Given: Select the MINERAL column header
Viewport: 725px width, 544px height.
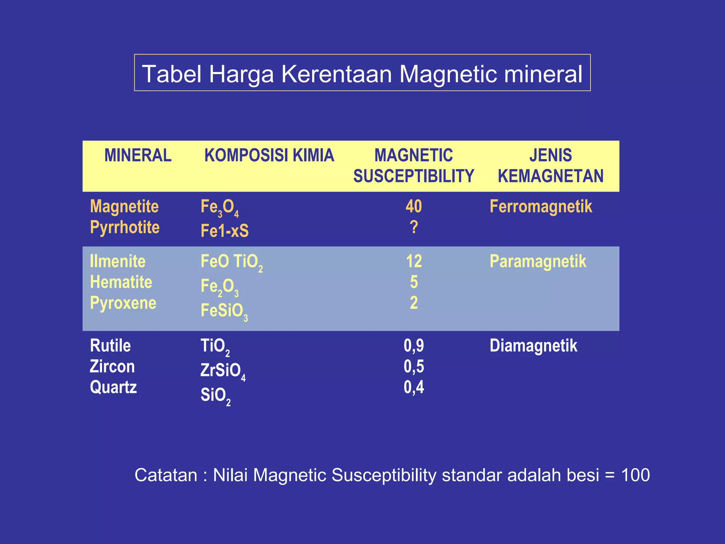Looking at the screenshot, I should click(138, 155).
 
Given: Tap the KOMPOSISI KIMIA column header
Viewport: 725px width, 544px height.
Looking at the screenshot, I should click(269, 155).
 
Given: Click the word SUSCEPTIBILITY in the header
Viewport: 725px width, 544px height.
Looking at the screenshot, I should click(413, 176).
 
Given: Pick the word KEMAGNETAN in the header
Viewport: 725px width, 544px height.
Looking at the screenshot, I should click(550, 176).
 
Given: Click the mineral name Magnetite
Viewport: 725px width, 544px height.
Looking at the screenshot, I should click(124, 206).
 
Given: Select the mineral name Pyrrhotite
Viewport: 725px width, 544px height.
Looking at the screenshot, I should click(125, 227).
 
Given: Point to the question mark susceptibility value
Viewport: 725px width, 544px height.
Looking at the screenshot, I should click(414, 227).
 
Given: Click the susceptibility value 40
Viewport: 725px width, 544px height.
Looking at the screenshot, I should click(413, 206).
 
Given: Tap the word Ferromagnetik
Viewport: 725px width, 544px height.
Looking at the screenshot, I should click(541, 206).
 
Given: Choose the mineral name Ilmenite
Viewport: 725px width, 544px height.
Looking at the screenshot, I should click(118, 261).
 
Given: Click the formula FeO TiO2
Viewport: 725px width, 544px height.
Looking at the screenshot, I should click(231, 262).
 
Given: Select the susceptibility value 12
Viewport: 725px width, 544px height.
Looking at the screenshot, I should click(413, 261).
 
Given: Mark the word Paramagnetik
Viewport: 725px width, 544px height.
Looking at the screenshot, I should click(538, 261).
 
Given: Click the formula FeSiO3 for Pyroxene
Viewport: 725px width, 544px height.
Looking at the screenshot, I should click(224, 311).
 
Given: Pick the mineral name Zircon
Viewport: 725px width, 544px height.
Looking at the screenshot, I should click(112, 366).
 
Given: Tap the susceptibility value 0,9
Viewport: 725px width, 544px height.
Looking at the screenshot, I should click(413, 346).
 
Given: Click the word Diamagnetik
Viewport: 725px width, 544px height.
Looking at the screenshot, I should click(533, 346).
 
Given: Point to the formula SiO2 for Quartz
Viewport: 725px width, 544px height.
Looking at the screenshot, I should click(215, 395).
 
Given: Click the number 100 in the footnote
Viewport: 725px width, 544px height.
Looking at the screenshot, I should click(635, 475).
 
